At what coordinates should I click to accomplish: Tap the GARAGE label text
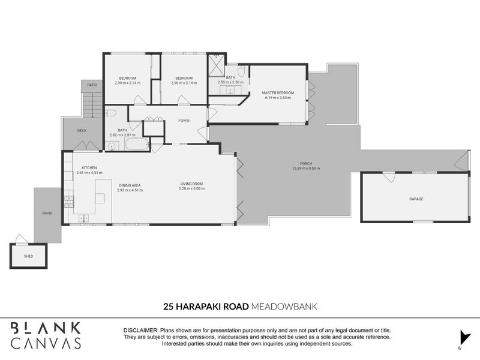point(416,199)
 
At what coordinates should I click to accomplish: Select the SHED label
point(28,256)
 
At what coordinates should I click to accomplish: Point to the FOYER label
point(184,121)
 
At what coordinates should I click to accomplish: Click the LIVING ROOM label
point(192,184)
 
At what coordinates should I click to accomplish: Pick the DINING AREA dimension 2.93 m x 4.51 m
point(130,190)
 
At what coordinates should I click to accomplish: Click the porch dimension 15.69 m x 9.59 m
point(306,169)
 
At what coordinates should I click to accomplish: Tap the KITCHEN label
point(89,167)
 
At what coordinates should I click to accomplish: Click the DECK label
point(82,130)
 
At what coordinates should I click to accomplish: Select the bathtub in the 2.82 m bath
point(136,145)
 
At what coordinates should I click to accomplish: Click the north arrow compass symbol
point(461,337)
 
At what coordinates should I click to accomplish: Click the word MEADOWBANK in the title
point(284,307)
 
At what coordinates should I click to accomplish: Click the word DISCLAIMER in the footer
point(141,331)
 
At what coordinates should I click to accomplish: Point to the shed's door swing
point(21,239)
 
